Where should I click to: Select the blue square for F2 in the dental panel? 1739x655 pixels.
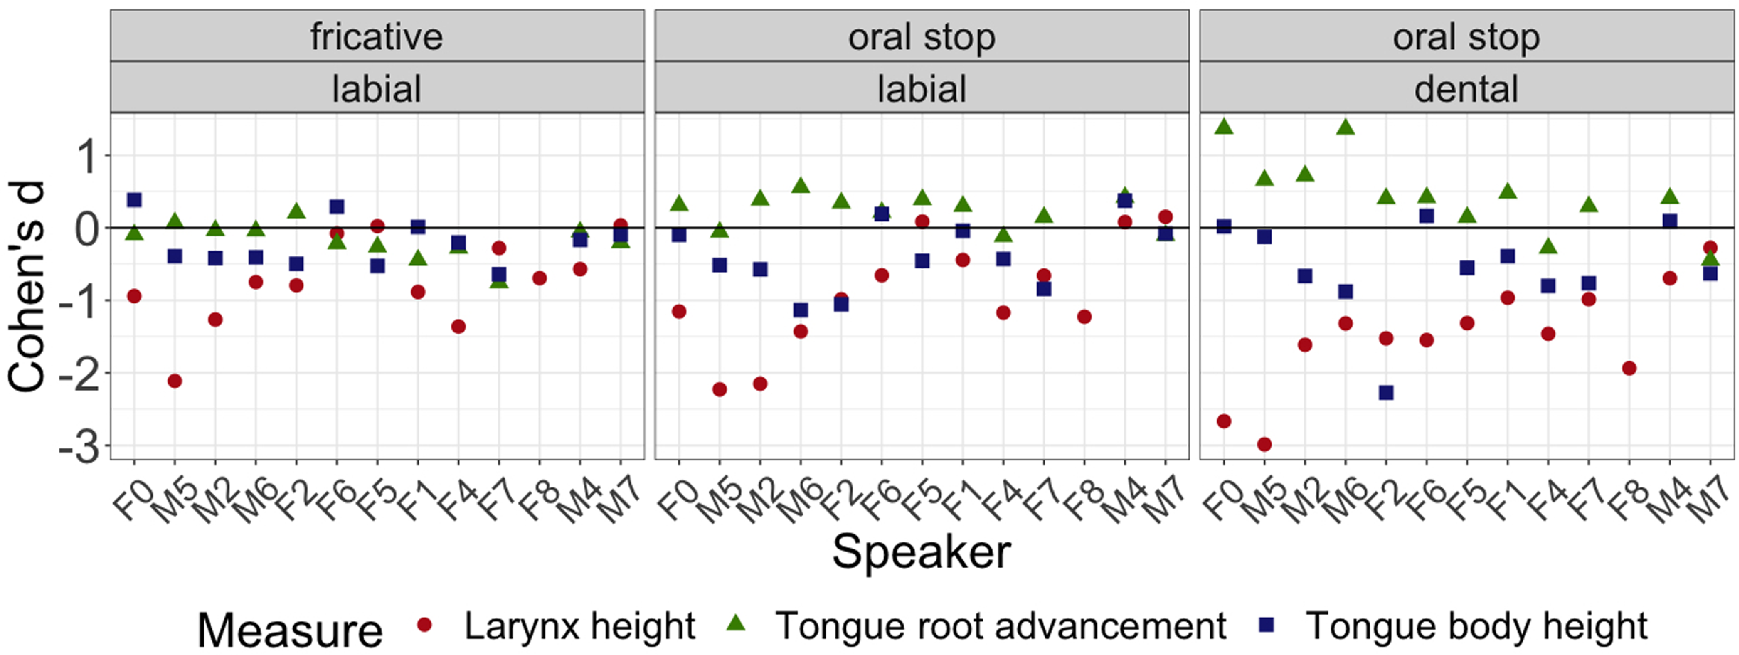[1386, 393]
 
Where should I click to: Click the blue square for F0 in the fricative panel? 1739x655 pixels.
[134, 200]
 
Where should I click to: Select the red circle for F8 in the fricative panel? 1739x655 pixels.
[539, 278]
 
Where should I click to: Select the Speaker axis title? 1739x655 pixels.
[921, 552]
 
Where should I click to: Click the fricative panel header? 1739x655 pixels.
[377, 36]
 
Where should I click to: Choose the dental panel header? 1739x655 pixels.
[1466, 89]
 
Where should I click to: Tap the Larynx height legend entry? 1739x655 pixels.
[578, 626]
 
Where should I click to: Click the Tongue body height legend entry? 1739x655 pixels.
[1476, 626]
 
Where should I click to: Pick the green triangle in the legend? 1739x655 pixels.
[736, 624]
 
